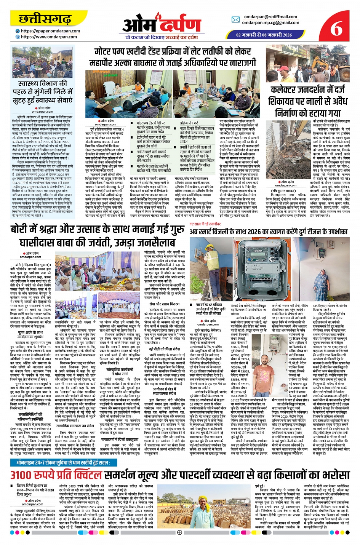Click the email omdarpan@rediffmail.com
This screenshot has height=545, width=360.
tap(270, 17)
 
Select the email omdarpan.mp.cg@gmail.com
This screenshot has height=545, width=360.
tap(270, 22)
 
